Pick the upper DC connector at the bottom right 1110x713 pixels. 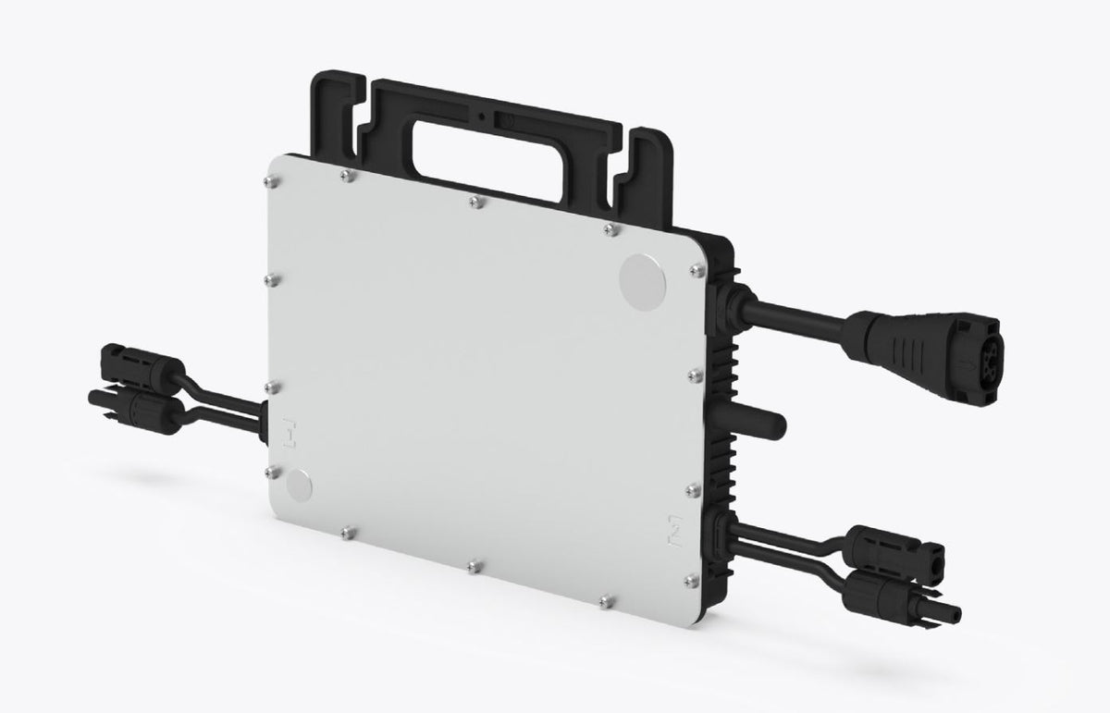click(893, 546)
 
